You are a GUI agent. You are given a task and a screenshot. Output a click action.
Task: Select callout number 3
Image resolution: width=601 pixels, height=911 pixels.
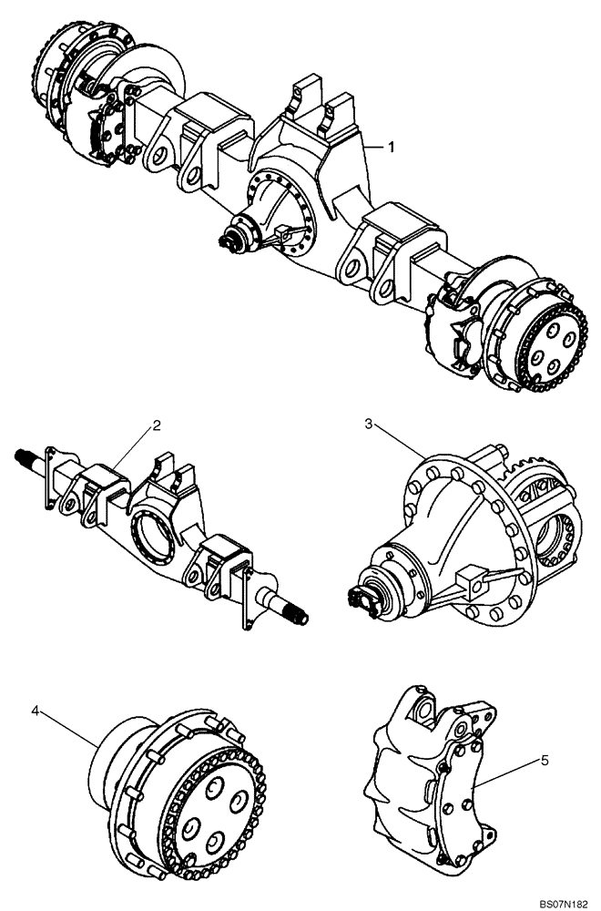point(369,425)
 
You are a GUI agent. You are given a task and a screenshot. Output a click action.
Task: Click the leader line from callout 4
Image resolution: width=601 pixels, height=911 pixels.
point(68,729)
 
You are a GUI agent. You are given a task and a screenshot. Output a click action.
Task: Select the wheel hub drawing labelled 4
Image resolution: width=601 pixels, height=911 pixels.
point(182,783)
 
